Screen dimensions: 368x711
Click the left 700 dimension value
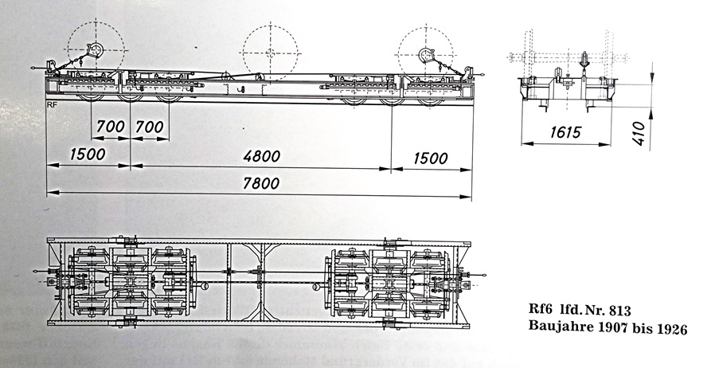[110, 126]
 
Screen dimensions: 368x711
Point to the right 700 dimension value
[149, 126]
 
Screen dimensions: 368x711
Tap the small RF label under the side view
[51, 104]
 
